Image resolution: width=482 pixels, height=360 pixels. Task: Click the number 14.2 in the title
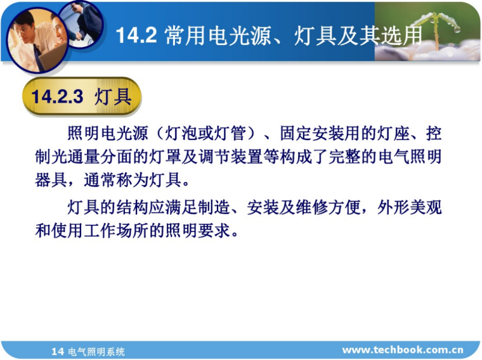[136, 35]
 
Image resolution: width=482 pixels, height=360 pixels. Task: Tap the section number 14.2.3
[57, 97]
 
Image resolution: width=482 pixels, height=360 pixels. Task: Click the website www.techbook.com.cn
[403, 350]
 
